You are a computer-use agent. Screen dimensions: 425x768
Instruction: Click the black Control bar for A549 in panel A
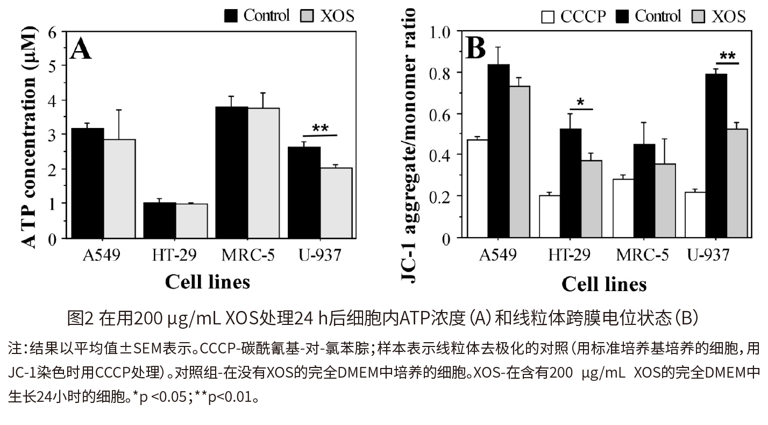click(x=88, y=183)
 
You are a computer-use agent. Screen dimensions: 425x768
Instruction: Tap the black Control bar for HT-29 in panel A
click(x=160, y=221)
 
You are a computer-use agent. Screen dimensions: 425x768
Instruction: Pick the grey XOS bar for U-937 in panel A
click(x=336, y=203)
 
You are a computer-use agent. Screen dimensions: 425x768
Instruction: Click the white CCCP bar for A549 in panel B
click(x=477, y=189)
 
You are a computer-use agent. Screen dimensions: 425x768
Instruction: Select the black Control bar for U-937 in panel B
click(x=716, y=156)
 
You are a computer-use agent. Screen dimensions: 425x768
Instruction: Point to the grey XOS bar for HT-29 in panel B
click(x=591, y=199)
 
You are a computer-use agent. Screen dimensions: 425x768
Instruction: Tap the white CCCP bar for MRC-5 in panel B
click(x=623, y=209)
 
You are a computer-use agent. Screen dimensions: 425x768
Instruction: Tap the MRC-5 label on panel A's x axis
click(x=247, y=255)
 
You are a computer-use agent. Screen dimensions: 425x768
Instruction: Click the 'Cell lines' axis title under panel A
click(x=207, y=281)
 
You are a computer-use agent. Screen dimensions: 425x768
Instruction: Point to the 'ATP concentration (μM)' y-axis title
click(x=30, y=138)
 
